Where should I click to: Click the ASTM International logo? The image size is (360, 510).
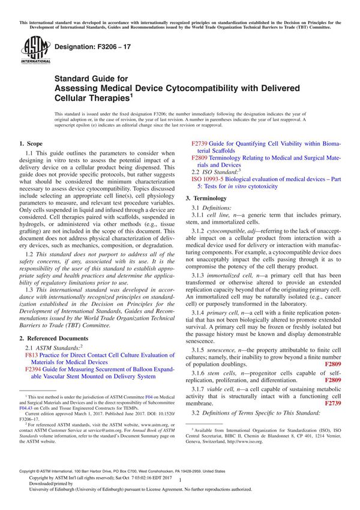(31, 49)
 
